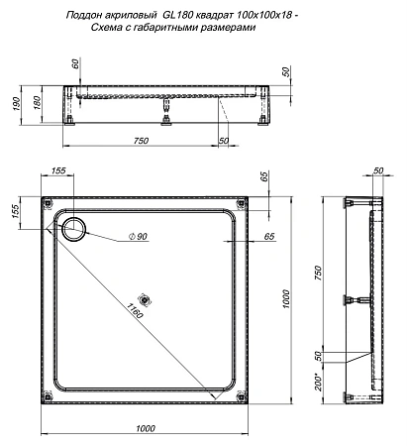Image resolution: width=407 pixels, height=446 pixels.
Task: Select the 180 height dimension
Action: point(37,103)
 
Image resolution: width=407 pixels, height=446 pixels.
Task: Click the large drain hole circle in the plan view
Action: point(74,230)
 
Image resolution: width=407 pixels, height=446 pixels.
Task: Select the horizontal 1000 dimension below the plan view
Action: point(145,427)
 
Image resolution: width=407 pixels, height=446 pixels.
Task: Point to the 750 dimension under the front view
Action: point(141,141)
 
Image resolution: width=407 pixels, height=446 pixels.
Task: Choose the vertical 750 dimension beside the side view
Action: point(319,274)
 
